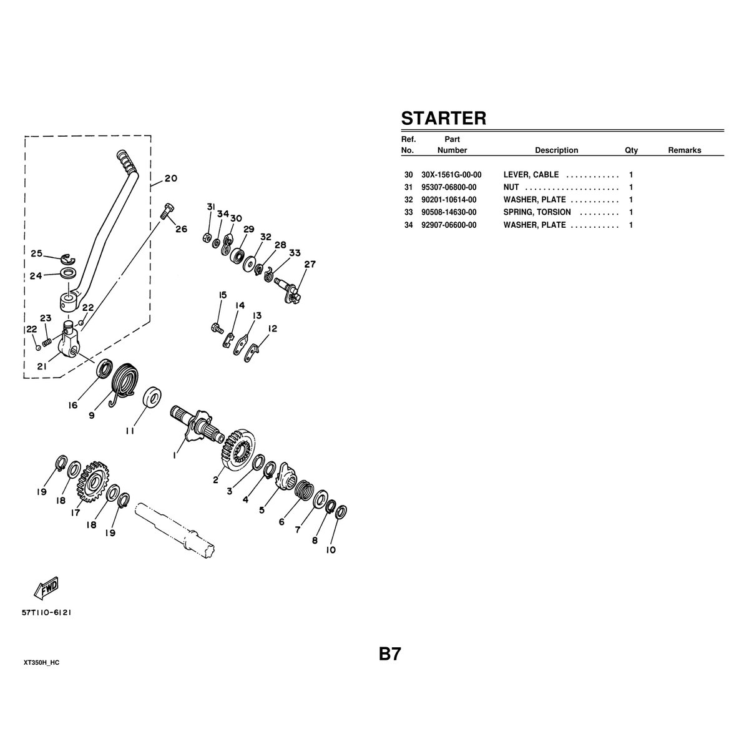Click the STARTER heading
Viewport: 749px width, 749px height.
coord(444,118)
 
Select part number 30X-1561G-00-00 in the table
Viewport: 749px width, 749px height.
coord(451,175)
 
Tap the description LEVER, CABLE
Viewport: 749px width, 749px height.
coord(531,175)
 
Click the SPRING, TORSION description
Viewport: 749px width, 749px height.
coord(537,212)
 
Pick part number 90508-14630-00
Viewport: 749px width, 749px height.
coord(449,212)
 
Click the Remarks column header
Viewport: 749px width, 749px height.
coord(685,150)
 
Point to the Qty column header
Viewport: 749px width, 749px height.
coord(631,150)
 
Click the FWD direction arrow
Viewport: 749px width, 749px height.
coord(46,592)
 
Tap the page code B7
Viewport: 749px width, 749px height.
coord(389,654)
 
